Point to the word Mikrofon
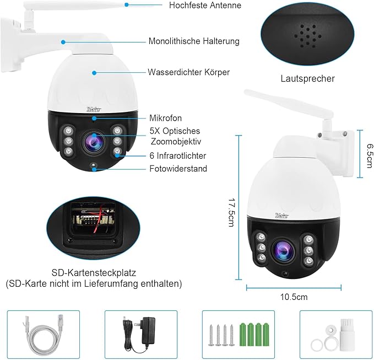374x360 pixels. pos(165,118)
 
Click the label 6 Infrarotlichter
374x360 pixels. pos(178,156)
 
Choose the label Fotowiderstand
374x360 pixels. pos(178,169)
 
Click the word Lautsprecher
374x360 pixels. pos(307,78)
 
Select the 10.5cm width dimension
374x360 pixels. pos(294,297)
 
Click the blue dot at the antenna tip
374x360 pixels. pos(126,4)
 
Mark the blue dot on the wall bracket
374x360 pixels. pos(63,41)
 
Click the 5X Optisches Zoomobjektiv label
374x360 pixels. pos(175,136)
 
